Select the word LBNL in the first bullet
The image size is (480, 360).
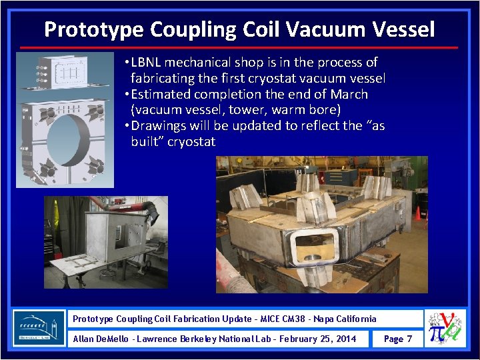click(x=147, y=63)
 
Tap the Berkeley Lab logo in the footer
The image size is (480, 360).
click(x=39, y=327)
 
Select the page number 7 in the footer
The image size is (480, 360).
click(x=409, y=339)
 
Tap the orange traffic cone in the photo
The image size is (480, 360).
click(x=418, y=213)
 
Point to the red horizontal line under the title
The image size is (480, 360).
click(x=239, y=48)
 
